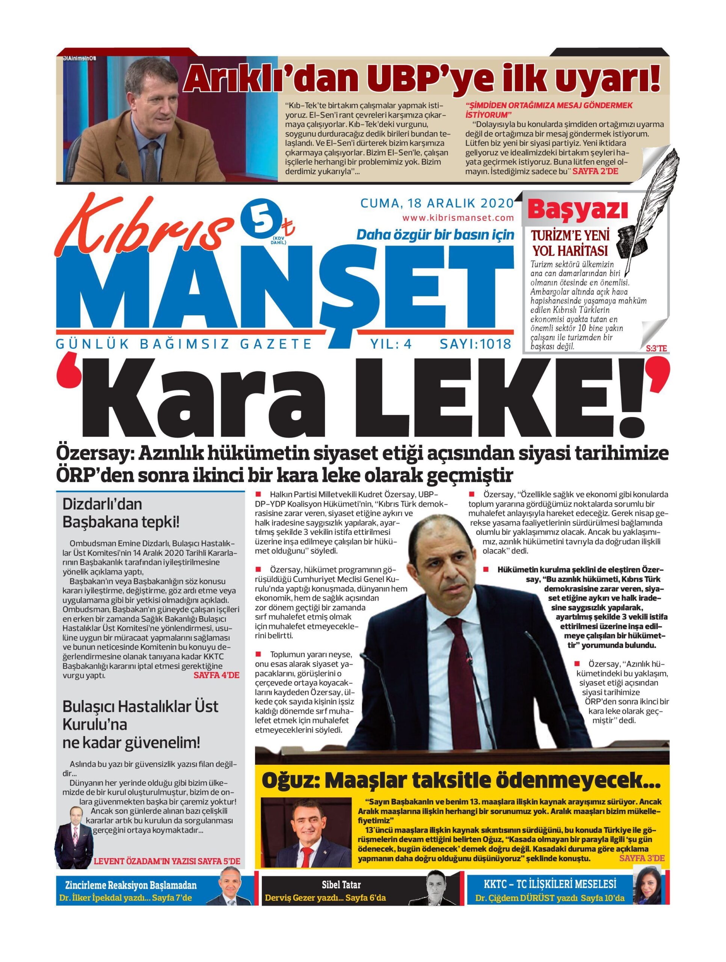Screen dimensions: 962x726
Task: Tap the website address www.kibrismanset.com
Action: click(x=458, y=218)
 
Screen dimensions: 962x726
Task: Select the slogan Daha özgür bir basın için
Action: click(x=435, y=235)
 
